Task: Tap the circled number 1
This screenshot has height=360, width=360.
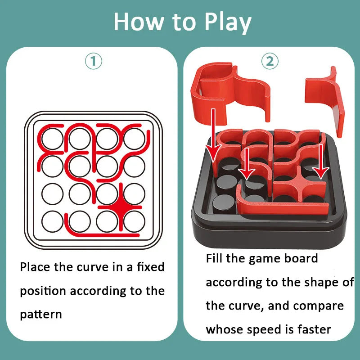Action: (94, 61)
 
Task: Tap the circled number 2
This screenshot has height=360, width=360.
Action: (270, 61)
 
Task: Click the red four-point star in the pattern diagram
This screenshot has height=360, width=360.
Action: (121, 207)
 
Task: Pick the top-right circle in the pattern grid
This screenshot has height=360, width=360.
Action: (134, 138)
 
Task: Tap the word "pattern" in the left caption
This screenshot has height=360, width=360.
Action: (40, 314)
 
